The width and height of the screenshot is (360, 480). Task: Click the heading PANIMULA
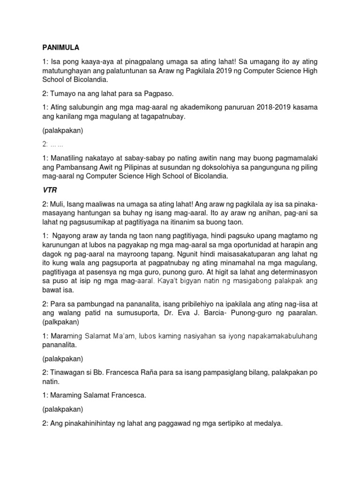click(x=60, y=47)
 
